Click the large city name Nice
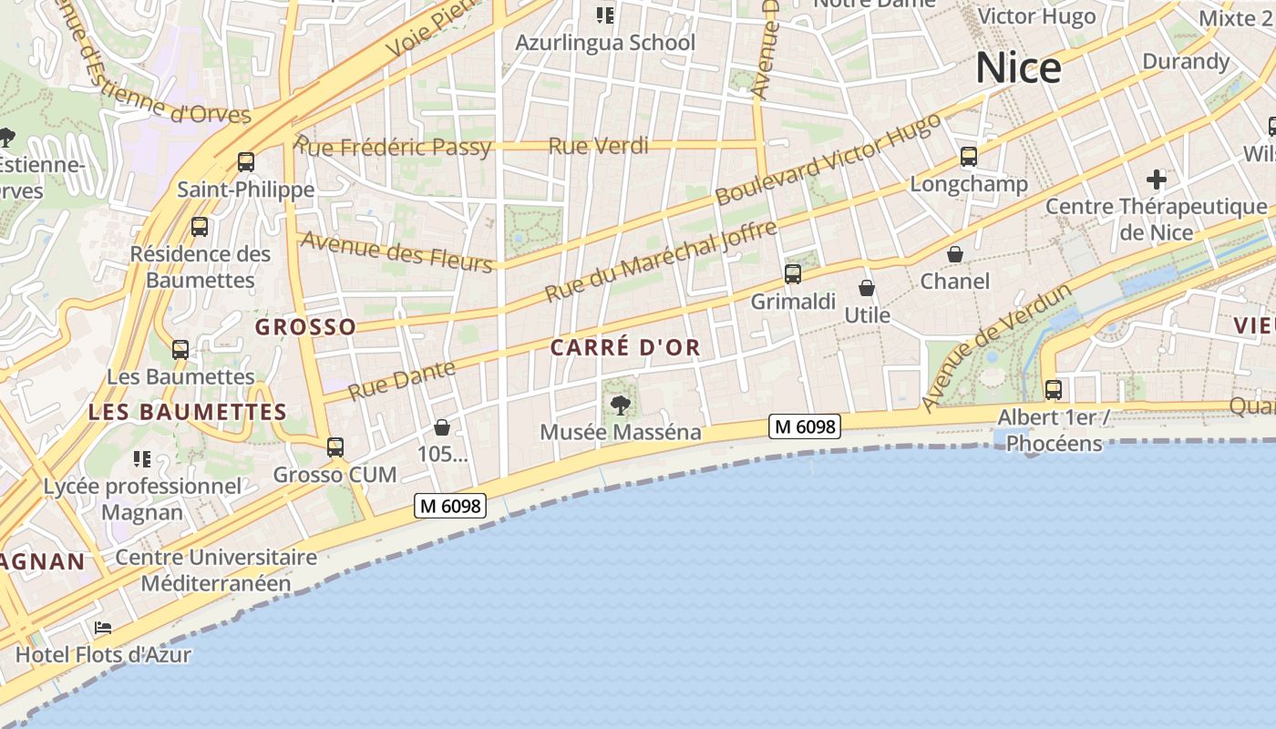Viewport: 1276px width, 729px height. (x=1018, y=68)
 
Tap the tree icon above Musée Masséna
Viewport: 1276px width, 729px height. (x=621, y=405)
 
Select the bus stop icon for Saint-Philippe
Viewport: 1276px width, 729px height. (x=245, y=162)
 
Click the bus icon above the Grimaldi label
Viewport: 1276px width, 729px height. (x=793, y=273)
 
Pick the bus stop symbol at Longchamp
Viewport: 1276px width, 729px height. (x=969, y=157)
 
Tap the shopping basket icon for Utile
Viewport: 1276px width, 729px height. (x=866, y=288)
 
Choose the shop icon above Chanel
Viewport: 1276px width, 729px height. (x=954, y=254)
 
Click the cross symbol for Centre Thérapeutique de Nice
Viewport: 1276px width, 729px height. (x=1157, y=179)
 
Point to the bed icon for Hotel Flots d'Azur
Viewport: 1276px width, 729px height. (x=103, y=628)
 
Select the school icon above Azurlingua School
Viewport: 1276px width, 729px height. (x=604, y=15)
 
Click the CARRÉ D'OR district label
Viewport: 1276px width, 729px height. (x=625, y=347)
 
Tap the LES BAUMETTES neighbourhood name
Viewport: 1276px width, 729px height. (x=188, y=412)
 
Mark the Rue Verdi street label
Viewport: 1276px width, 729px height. (x=599, y=146)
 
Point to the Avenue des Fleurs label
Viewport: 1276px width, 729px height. (x=396, y=251)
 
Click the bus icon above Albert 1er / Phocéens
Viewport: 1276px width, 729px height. (x=1054, y=389)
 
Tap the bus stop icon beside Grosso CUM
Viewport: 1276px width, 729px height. (x=335, y=447)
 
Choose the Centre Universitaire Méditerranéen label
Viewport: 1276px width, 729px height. (x=216, y=570)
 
